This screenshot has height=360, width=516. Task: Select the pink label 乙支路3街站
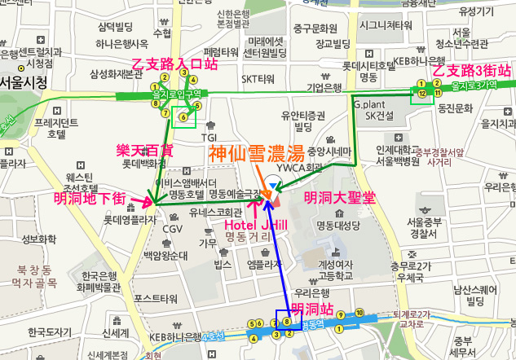(x=471, y=71)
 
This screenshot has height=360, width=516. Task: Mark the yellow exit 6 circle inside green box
(x=183, y=117)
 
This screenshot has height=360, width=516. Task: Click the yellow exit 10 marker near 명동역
(x=359, y=312)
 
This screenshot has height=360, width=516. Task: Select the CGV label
(x=173, y=229)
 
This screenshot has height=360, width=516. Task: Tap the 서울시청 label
(x=22, y=82)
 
